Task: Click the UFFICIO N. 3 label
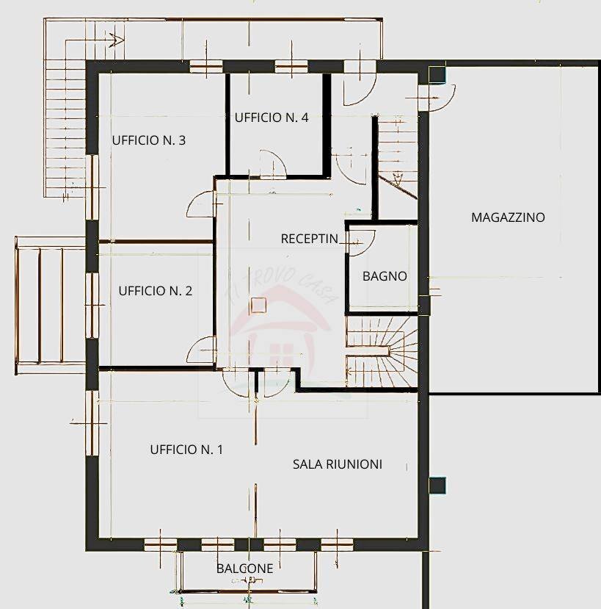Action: tap(149, 140)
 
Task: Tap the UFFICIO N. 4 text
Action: tap(272, 118)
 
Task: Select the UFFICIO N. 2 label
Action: tap(155, 291)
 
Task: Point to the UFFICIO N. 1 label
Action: tap(186, 450)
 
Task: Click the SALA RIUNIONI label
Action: tap(338, 464)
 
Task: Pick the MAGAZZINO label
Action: tap(508, 217)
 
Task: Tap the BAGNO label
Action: tap(385, 276)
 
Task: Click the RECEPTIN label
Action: tap(310, 239)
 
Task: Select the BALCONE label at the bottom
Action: tap(245, 569)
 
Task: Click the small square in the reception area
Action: tap(258, 305)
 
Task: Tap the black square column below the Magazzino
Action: tap(437, 485)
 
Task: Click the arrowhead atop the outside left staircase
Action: tap(117, 40)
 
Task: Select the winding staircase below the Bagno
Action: tap(382, 351)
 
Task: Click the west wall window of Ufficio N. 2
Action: tap(92, 306)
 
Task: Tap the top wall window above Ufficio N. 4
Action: tap(291, 67)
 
